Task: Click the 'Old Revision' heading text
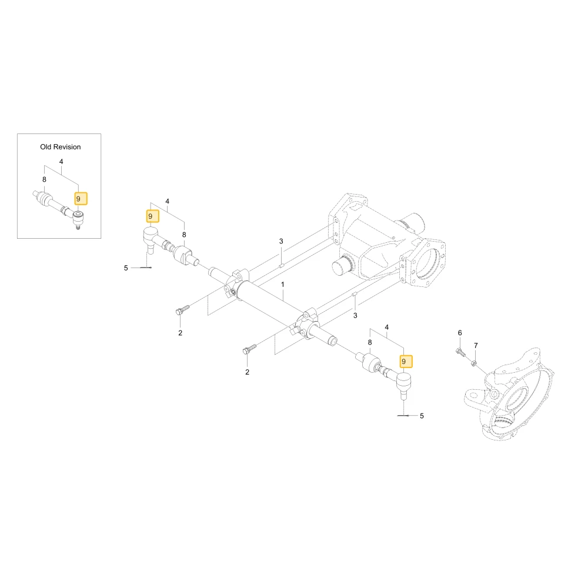point(61,147)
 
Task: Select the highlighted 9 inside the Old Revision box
point(81,199)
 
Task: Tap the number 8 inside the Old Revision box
point(44,179)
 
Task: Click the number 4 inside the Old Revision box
point(61,162)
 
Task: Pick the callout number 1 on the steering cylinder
point(283,285)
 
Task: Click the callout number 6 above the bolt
point(460,333)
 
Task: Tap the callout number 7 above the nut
point(476,345)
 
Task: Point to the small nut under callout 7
point(473,363)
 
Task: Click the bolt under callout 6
point(460,352)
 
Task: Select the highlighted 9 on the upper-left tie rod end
point(153,216)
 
